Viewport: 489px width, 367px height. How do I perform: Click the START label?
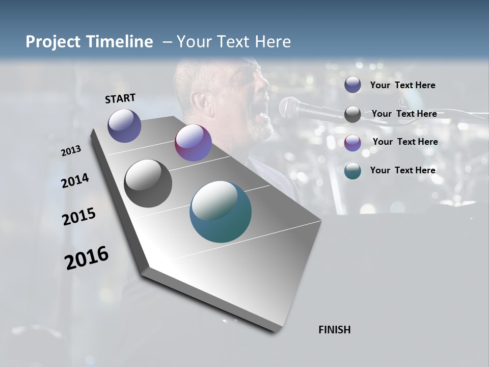coord(120,98)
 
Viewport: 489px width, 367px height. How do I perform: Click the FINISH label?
coord(334,330)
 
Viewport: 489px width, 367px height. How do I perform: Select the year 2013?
coord(71,150)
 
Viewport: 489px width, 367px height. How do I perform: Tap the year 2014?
coord(75,181)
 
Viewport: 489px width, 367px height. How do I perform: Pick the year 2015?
coord(78,217)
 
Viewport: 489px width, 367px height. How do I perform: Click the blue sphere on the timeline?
coord(124,125)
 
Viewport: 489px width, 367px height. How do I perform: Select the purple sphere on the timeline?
coord(193,143)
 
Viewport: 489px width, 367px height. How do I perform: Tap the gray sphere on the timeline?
coord(148,183)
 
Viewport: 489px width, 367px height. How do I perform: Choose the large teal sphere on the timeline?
coord(220,212)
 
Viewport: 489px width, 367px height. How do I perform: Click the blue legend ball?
coord(352,85)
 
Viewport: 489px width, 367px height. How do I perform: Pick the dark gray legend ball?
coord(352,114)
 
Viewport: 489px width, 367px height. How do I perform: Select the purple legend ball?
coord(352,142)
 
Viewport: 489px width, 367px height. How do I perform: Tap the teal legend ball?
coord(352,171)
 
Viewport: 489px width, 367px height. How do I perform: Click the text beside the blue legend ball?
coord(402,85)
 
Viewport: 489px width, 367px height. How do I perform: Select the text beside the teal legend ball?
coord(402,170)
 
